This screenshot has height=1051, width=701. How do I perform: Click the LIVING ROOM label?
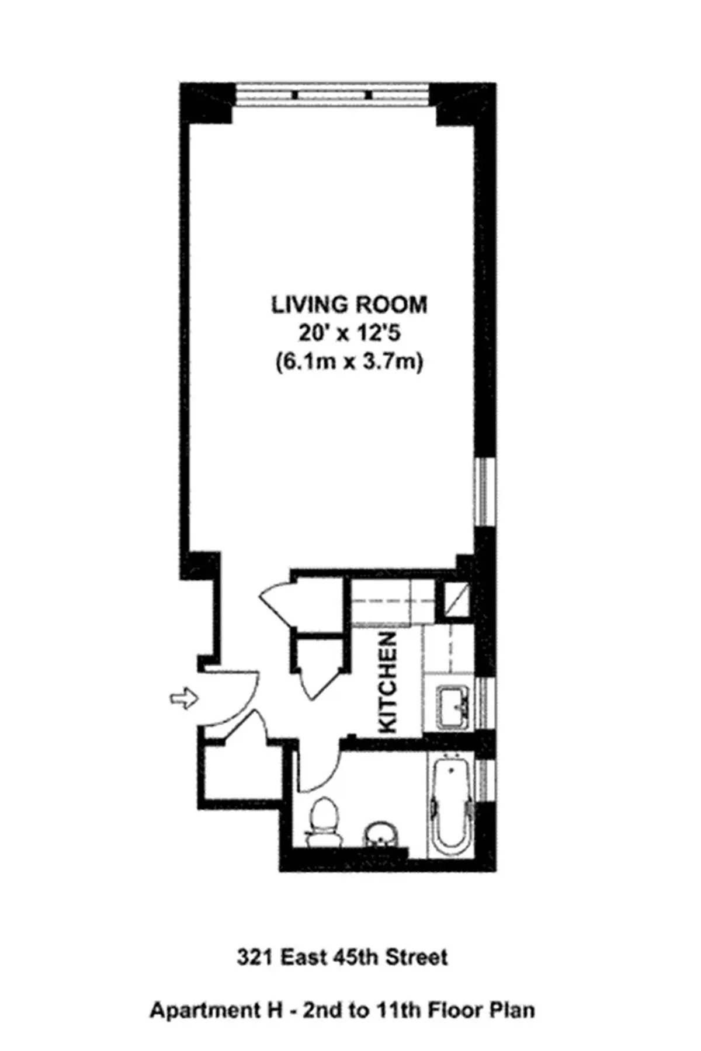tap(349, 305)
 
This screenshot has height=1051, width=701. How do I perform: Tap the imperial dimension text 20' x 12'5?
tap(349, 334)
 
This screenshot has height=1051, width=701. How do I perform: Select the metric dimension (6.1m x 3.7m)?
tap(349, 363)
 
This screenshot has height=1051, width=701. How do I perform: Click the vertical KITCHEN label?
tap(388, 683)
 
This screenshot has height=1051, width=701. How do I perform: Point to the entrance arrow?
tap(183, 698)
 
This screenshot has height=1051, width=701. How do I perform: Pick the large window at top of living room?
tap(333, 95)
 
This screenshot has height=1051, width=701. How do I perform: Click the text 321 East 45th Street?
tap(343, 958)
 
